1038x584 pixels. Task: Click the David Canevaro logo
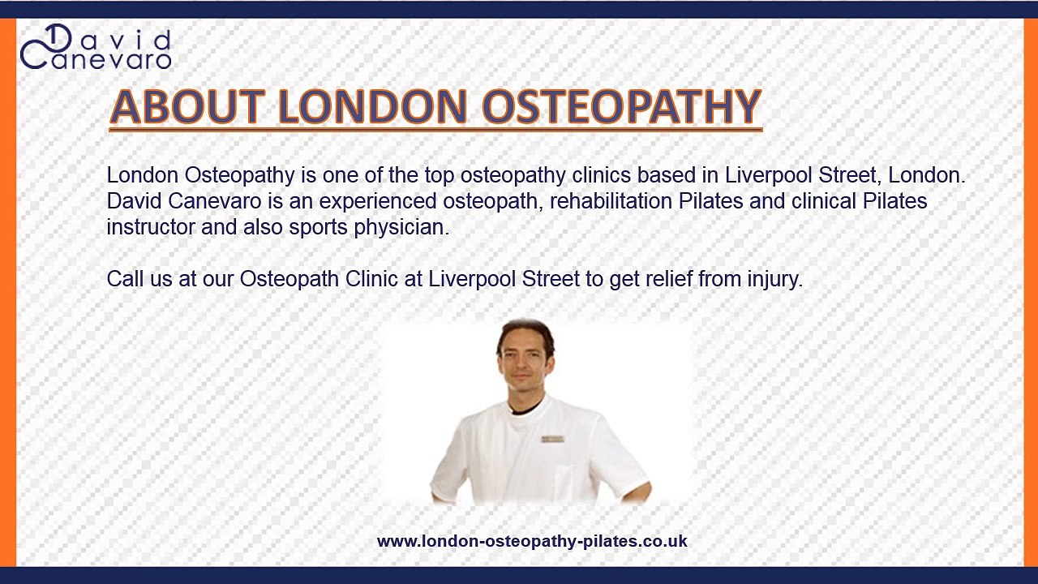[x=95, y=48]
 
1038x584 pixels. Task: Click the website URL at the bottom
[x=532, y=541]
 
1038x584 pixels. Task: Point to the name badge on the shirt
[x=553, y=439]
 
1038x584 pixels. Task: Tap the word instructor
[x=151, y=228]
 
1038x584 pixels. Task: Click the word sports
[x=318, y=228]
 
